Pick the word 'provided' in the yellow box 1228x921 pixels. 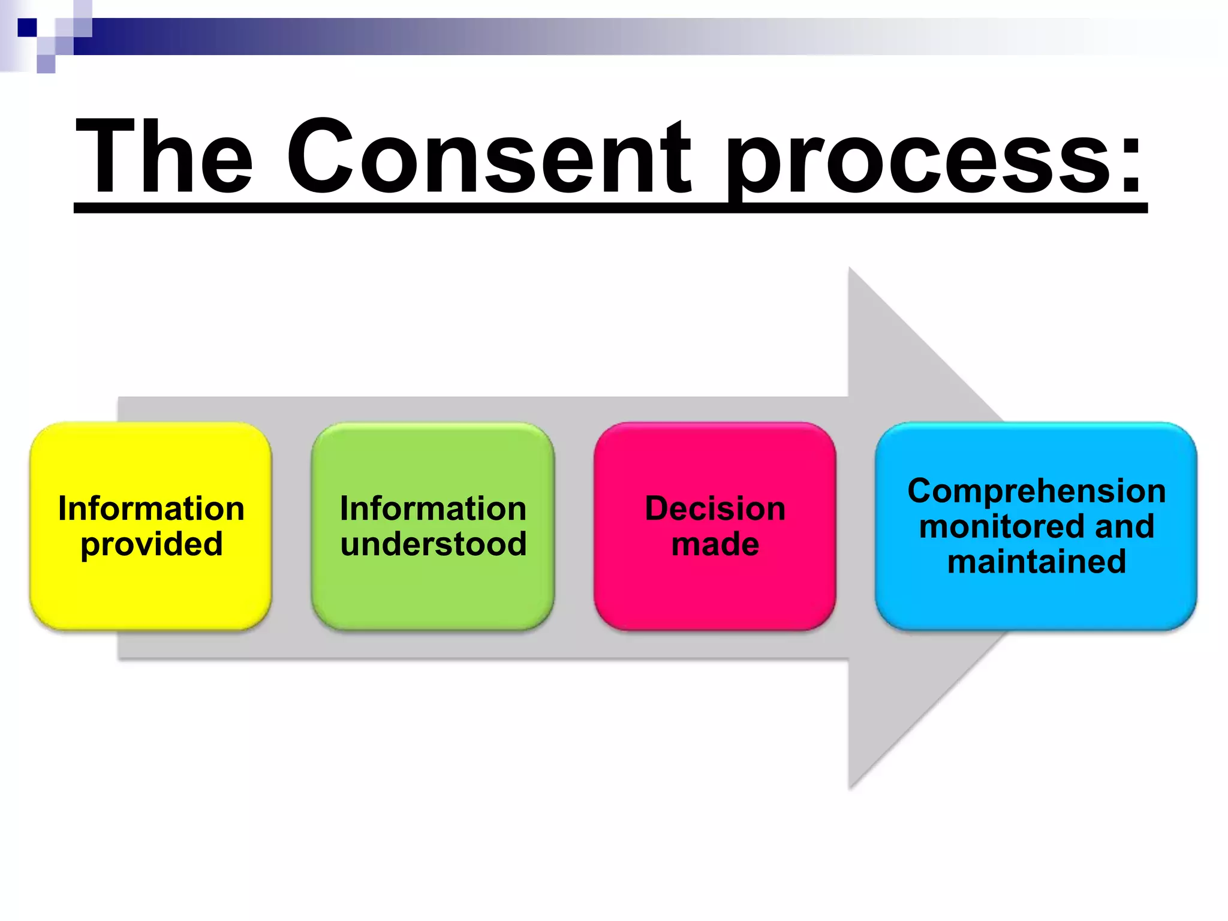point(152,544)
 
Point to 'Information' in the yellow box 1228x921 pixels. point(151,508)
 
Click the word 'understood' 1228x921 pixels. point(434,544)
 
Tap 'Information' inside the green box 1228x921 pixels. point(433,508)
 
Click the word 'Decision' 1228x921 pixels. point(715,508)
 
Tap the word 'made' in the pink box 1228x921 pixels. point(715,544)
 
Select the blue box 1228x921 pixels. point(1036,600)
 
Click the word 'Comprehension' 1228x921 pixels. point(1036,491)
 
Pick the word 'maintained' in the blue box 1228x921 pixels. point(1036,562)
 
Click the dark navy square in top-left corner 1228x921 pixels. point(27,28)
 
